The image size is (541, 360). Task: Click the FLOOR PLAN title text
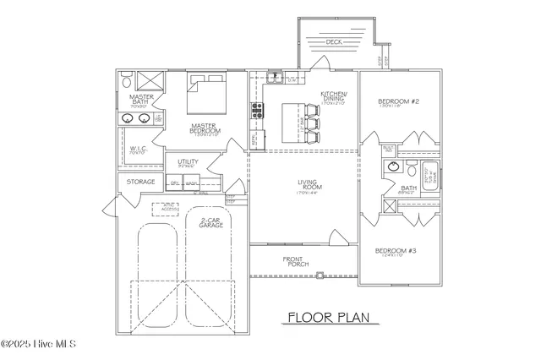pyautogui.click(x=325, y=318)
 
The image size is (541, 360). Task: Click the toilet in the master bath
pyautogui.click(x=125, y=83)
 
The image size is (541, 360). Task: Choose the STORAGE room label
pyautogui.click(x=141, y=182)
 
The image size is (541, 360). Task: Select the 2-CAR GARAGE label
pyautogui.click(x=210, y=226)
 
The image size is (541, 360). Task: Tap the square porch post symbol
pyautogui.click(x=319, y=273)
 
